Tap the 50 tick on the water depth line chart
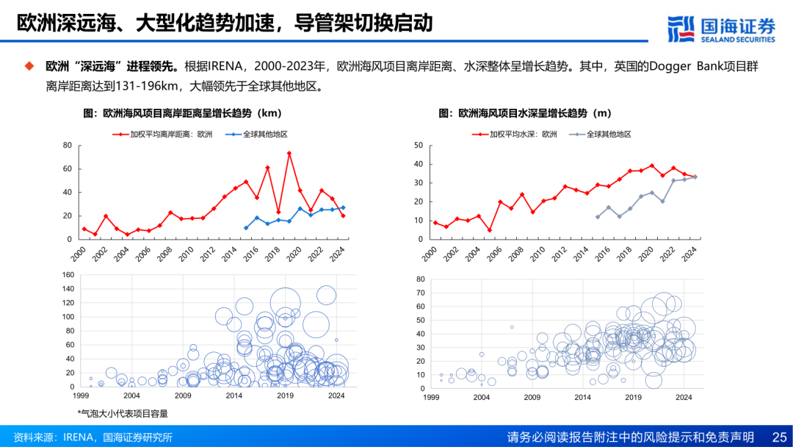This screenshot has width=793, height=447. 418,146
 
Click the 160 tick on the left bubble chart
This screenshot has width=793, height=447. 68,275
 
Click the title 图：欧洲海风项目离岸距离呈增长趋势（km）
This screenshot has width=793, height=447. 183,113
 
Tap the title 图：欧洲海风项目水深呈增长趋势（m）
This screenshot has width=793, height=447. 525,113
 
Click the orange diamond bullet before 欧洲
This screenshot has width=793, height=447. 29,66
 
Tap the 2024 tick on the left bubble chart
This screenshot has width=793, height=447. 336,396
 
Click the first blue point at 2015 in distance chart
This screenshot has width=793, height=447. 246,228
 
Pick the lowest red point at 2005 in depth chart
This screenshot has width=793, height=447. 489,230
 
